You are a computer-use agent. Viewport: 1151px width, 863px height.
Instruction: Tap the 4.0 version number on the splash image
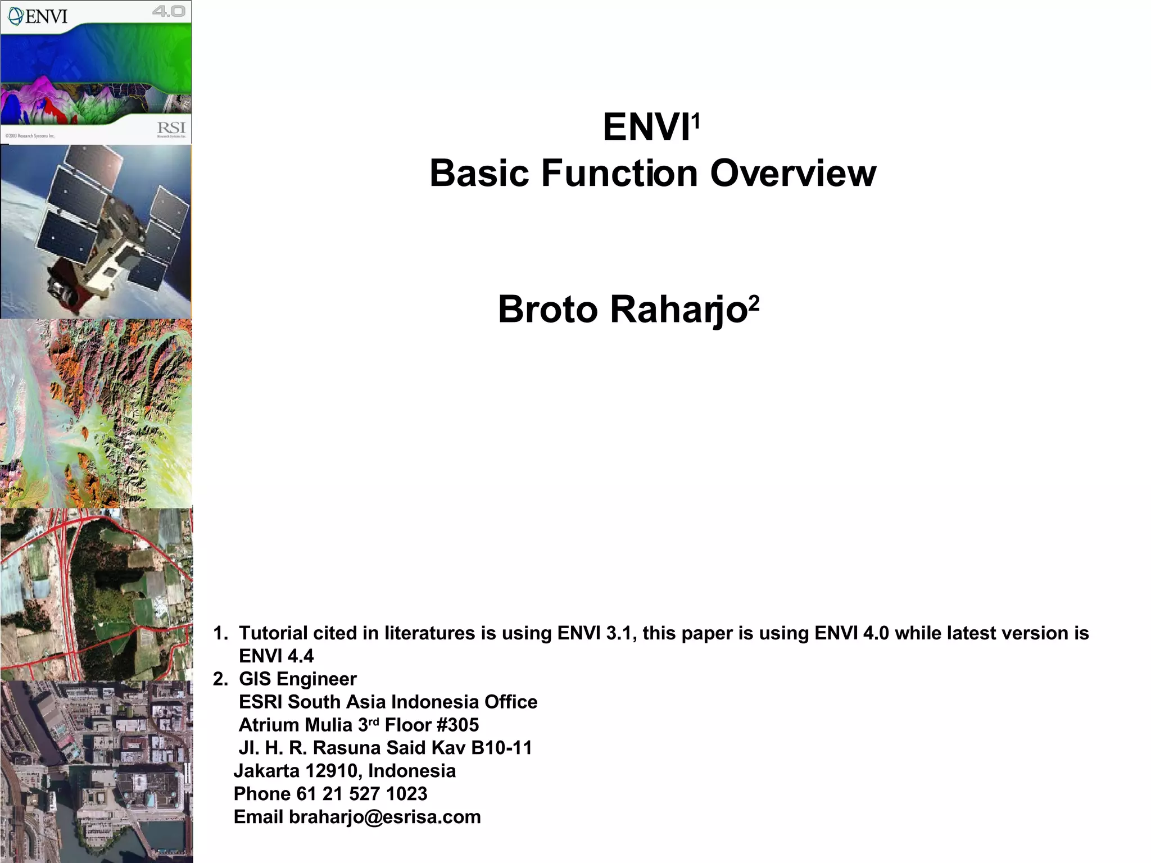(169, 11)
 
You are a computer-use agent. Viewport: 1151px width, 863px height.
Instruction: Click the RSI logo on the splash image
(171, 129)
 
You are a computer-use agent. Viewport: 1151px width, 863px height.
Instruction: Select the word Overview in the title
(793, 173)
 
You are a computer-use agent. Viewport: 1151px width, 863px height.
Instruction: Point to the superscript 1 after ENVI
(696, 120)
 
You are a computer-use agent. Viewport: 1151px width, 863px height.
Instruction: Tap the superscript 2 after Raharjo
(754, 303)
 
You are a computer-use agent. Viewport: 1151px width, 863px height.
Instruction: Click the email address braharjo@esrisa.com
(384, 816)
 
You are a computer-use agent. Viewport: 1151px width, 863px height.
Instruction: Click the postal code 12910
(330, 770)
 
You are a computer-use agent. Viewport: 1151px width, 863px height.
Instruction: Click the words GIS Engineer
(297, 679)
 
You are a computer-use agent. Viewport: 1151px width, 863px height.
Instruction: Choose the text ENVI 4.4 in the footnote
(276, 656)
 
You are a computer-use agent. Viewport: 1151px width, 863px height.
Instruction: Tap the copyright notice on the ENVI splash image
(30, 136)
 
